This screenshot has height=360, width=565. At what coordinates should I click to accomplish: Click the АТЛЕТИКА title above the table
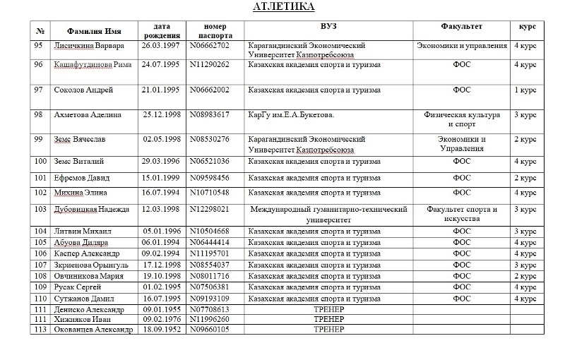click(284, 7)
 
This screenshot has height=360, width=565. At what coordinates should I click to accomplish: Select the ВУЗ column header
click(328, 27)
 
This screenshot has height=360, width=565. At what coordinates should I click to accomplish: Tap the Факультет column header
click(461, 27)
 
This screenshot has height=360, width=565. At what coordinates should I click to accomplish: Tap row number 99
click(38, 139)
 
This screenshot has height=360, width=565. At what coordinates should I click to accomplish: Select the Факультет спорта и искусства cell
click(461, 214)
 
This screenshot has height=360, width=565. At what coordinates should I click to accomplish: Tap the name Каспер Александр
click(88, 253)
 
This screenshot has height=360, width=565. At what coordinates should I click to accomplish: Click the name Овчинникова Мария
click(90, 276)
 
